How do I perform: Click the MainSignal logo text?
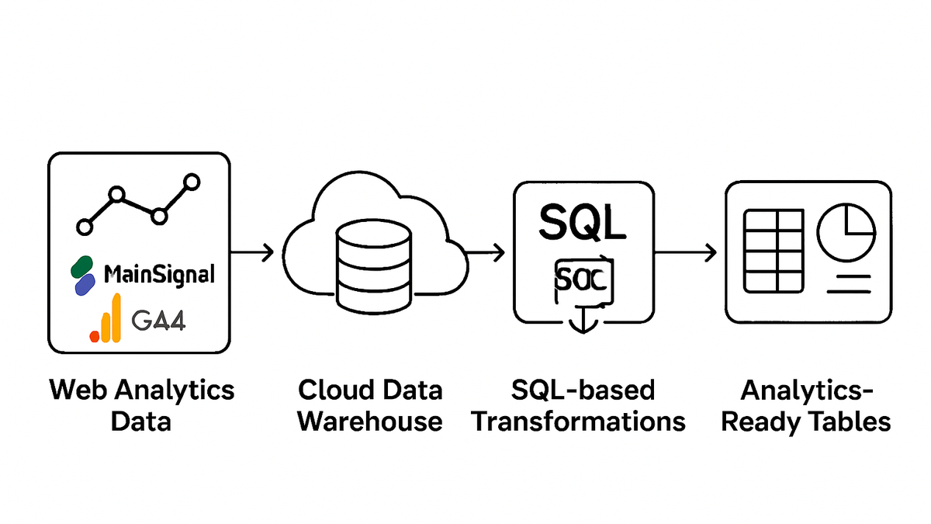pyautogui.click(x=159, y=275)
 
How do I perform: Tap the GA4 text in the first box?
pyautogui.click(x=158, y=321)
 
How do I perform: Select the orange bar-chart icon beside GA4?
pyautogui.click(x=106, y=319)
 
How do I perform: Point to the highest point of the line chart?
pyautogui.click(x=190, y=182)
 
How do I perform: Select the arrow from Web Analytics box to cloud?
pyautogui.click(x=252, y=252)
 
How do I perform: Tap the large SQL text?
pyautogui.click(x=581, y=224)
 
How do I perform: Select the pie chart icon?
pyautogui.click(x=846, y=233)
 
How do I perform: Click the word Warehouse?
pyautogui.click(x=370, y=422)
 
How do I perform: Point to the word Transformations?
pyautogui.click(x=579, y=422)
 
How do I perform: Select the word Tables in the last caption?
pyautogui.click(x=851, y=422)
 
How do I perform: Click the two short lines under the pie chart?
pyautogui.click(x=850, y=283)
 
